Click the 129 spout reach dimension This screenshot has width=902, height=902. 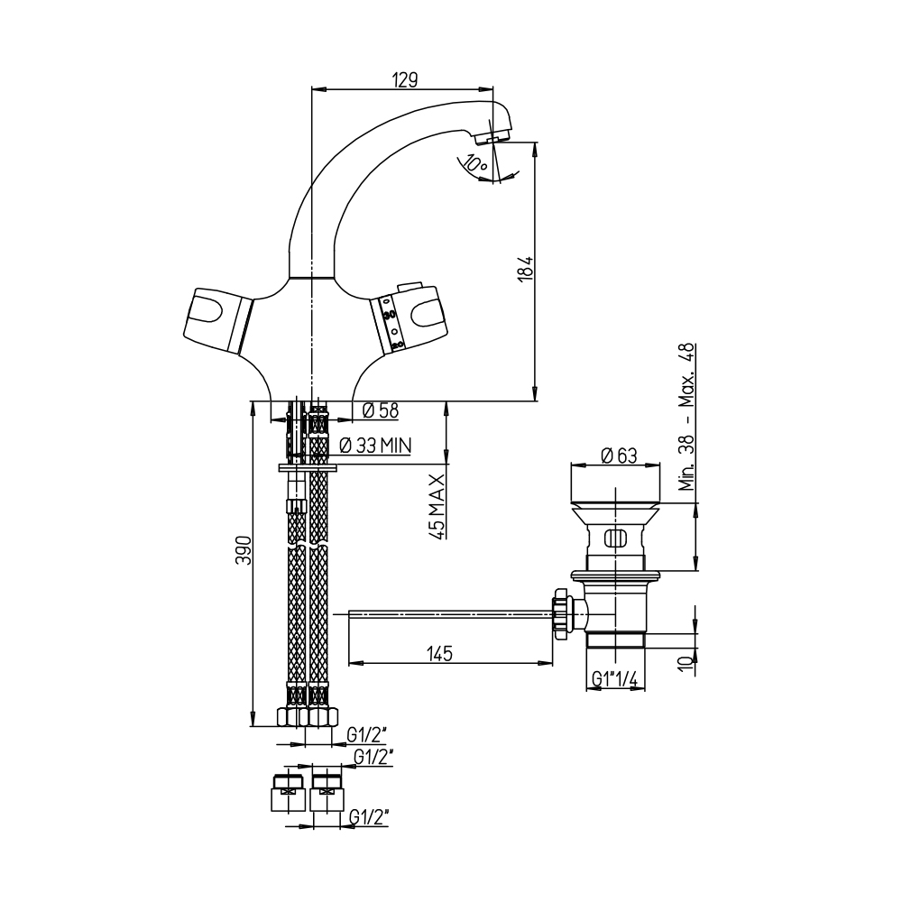tap(405, 80)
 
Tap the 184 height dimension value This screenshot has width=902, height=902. tap(527, 268)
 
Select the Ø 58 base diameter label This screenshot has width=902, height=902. tap(381, 410)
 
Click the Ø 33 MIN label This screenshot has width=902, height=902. tap(375, 446)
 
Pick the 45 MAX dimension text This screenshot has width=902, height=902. tap(437, 506)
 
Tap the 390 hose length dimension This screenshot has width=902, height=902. tap(244, 550)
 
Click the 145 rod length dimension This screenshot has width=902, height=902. tap(440, 653)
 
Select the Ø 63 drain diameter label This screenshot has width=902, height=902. tap(619, 456)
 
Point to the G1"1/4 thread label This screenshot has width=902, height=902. tap(615, 680)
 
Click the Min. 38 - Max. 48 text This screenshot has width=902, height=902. tap(686, 417)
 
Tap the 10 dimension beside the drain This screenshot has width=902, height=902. tap(686, 663)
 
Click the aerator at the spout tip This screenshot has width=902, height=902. tap(493, 137)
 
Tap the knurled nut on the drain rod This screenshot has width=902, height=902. tap(561, 613)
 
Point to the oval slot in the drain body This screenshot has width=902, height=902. tap(614, 539)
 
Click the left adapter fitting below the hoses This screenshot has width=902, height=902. tap(289, 793)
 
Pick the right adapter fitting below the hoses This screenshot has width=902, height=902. tap(327, 793)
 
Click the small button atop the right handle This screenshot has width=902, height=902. tap(409, 287)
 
